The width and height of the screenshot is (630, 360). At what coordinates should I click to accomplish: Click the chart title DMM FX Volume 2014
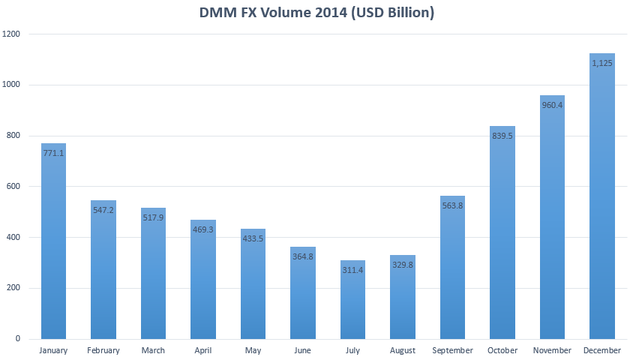(316, 13)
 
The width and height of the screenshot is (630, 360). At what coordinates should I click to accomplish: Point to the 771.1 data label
(53, 153)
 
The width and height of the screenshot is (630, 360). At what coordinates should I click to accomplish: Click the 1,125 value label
(602, 63)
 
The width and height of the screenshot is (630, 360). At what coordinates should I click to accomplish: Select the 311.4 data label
(352, 269)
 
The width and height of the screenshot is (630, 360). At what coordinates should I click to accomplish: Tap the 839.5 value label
(502, 136)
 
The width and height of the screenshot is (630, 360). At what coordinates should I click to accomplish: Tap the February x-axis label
(103, 350)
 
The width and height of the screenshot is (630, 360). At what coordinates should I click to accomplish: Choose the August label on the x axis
(403, 350)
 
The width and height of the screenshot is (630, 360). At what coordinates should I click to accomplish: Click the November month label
(552, 350)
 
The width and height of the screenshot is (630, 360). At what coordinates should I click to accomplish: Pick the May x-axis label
(253, 350)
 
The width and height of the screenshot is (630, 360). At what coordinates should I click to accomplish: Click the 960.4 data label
(552, 105)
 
